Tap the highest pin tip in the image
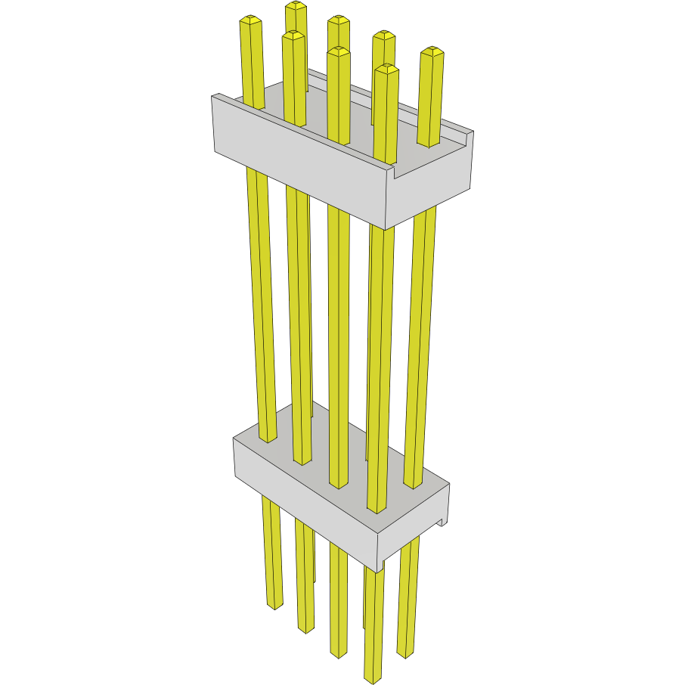296,6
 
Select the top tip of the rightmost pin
432,51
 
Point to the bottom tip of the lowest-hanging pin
373,677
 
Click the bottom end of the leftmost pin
274,604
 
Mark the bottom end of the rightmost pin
405,652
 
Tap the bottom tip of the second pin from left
305,628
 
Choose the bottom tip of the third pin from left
339,652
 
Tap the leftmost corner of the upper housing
214,98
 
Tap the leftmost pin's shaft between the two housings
261,302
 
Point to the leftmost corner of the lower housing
235,441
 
